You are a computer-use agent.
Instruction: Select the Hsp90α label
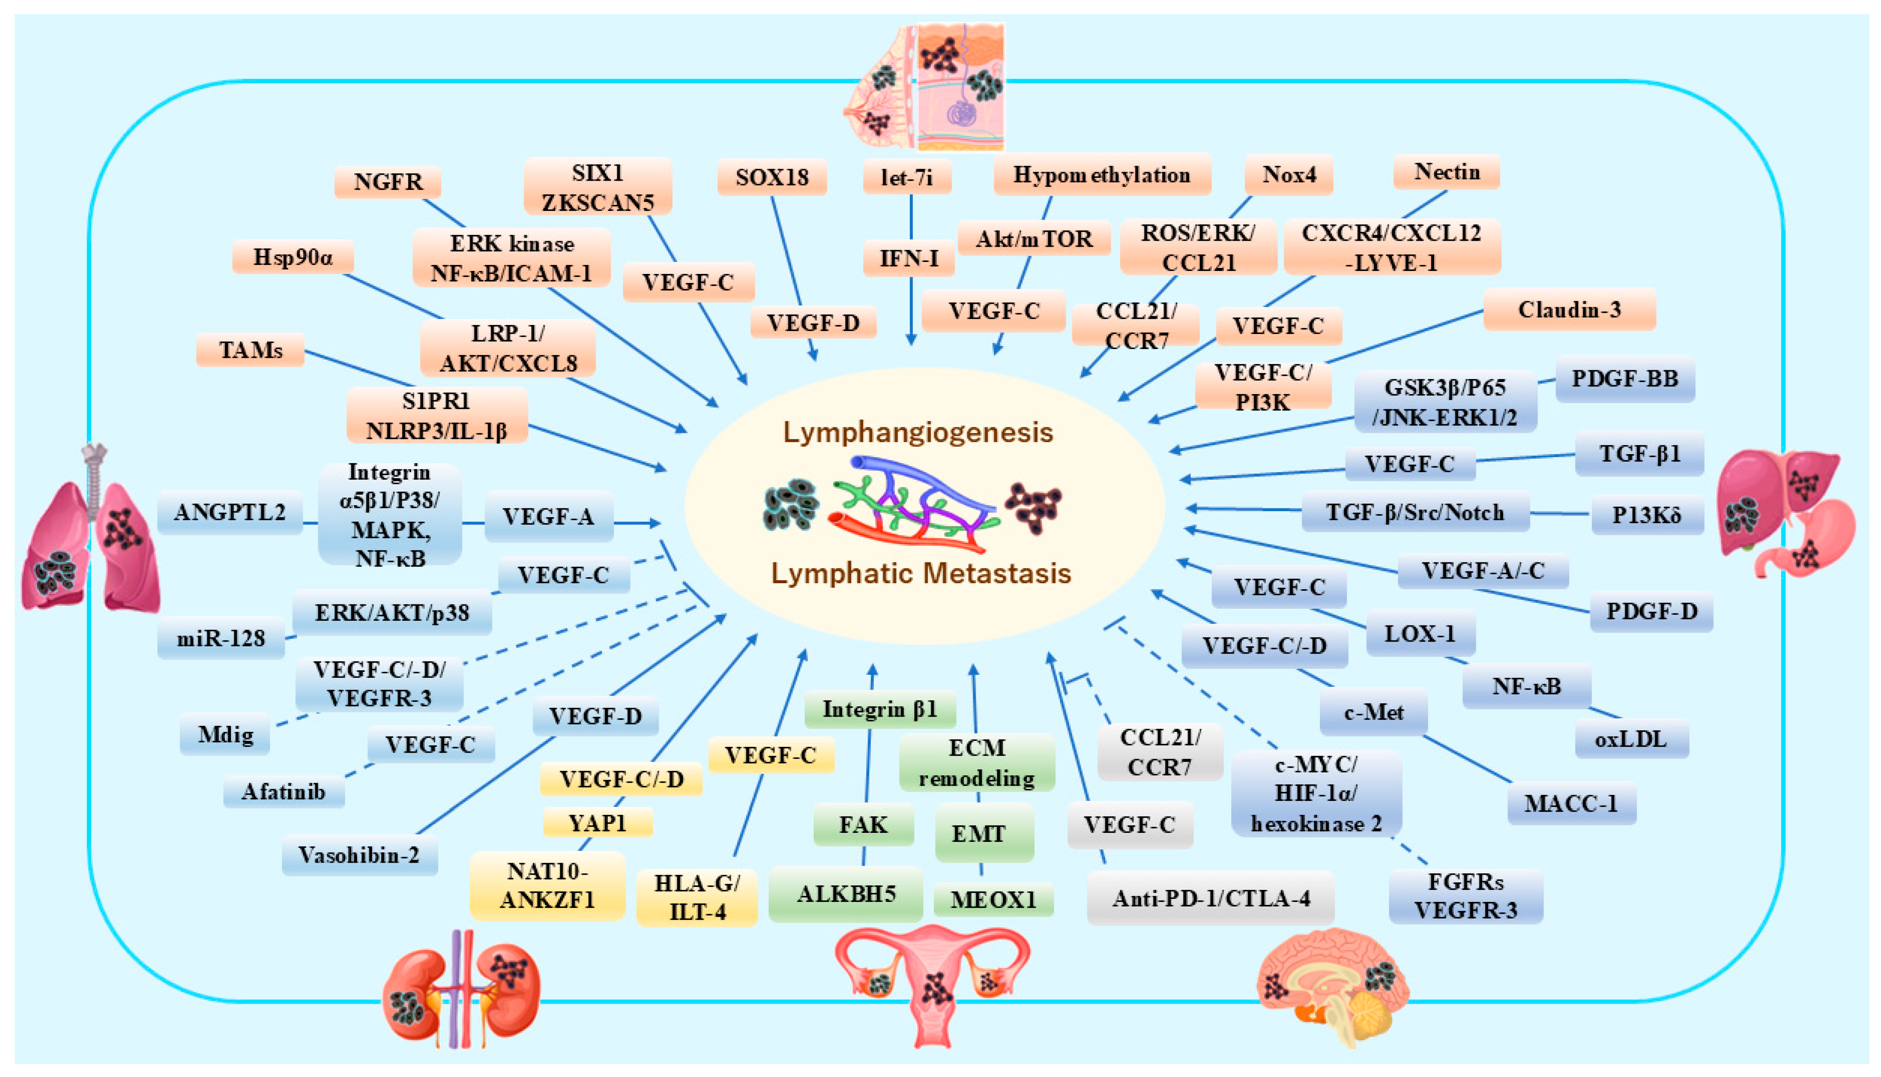293,257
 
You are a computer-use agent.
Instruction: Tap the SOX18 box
772,178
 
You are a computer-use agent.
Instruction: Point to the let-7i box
907,178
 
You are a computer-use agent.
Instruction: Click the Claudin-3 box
1569,309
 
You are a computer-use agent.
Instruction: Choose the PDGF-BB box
1625,379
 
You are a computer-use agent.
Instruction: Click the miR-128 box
220,638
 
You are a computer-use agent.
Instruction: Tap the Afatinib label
283,792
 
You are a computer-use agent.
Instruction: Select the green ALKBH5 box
846,894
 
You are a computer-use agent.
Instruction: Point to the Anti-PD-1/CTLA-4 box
1211,898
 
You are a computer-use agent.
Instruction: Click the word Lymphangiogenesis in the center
918,432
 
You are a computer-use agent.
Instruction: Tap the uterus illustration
932,984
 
